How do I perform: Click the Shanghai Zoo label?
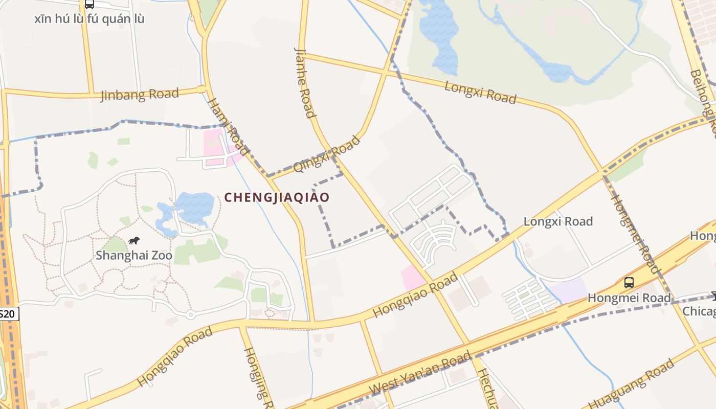click(134, 255)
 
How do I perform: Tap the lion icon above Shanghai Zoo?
click(135, 240)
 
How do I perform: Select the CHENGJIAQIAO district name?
click(277, 197)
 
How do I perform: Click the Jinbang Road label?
click(140, 95)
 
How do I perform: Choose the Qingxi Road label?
click(326, 154)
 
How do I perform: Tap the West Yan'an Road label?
click(420, 373)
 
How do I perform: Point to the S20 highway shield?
click(8, 313)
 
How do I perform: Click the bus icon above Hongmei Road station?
click(629, 282)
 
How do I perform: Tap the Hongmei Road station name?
click(629, 298)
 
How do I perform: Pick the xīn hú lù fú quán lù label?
click(89, 19)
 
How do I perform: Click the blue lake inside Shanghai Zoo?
click(194, 204)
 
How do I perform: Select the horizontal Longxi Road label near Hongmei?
click(558, 221)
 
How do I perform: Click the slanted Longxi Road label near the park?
click(480, 92)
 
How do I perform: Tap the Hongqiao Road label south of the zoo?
click(174, 357)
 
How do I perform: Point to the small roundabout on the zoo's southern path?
click(190, 314)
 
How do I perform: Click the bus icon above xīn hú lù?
click(89, 5)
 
